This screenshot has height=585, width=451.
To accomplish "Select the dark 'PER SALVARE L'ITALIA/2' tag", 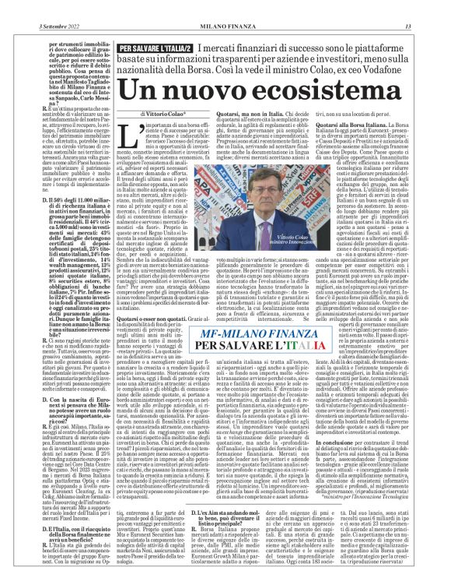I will [x=155, y=50].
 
